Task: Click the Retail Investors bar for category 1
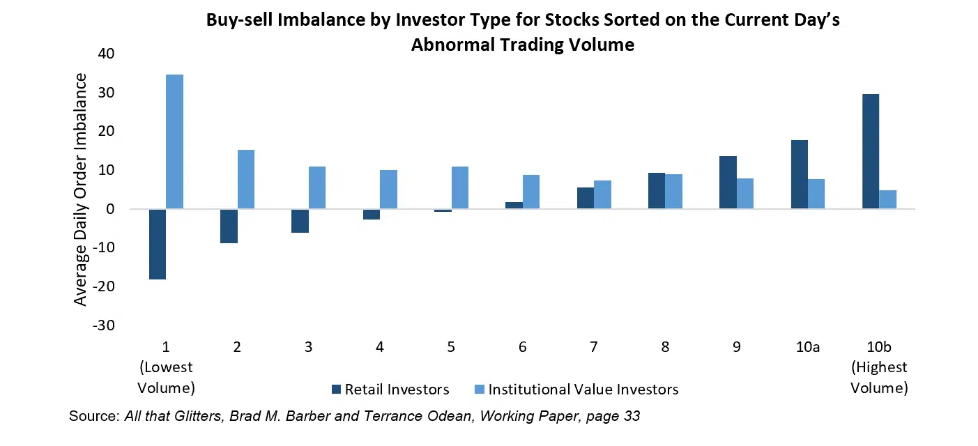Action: click(158, 244)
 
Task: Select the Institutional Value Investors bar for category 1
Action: click(174, 141)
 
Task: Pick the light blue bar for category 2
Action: click(246, 179)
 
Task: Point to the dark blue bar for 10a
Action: click(799, 174)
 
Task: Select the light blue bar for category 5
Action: click(460, 187)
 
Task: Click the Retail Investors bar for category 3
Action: click(300, 221)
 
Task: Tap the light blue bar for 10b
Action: click(887, 199)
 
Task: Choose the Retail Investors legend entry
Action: click(390, 390)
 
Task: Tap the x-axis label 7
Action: click(594, 346)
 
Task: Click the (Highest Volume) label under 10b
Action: click(879, 377)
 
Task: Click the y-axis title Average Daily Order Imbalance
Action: click(81, 188)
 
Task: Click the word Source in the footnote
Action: click(93, 417)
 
